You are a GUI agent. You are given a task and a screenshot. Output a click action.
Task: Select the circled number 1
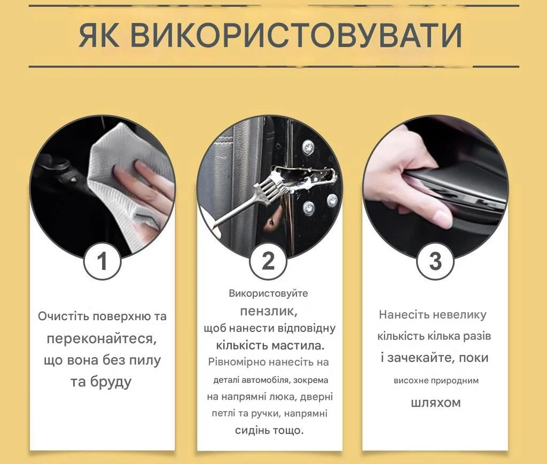point(102,261)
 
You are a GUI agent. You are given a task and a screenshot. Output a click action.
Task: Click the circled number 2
point(268,261)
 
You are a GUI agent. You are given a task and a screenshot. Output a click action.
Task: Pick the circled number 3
point(435,261)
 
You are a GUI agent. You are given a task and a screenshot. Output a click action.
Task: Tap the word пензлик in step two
point(269,311)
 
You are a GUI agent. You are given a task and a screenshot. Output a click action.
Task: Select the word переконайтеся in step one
point(101,339)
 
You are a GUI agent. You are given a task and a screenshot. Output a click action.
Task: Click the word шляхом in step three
point(436,403)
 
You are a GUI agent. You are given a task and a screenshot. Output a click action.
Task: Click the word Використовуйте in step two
point(268,293)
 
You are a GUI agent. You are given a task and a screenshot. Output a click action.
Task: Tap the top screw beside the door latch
point(307,146)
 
